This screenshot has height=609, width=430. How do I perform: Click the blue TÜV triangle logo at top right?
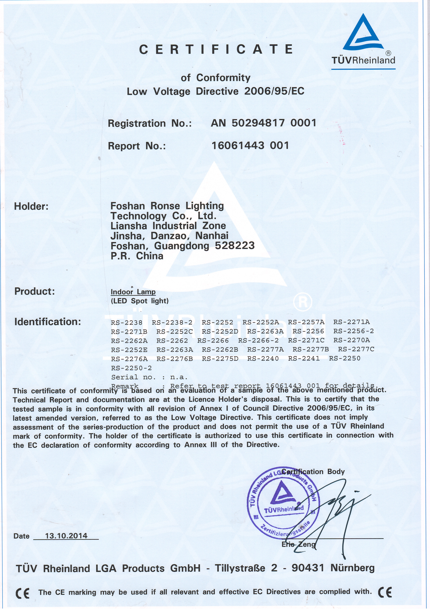(363, 33)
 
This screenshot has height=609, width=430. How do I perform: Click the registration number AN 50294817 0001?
(263, 123)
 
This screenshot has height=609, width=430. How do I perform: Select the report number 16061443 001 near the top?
(250, 145)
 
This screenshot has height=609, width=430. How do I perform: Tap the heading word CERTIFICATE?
(216, 49)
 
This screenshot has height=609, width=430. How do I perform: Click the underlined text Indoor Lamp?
(133, 292)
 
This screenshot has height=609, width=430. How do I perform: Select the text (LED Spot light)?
(140, 301)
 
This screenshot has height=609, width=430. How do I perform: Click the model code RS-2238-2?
(172, 323)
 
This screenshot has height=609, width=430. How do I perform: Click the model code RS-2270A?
(352, 340)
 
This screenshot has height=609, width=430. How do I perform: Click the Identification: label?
(48, 322)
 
